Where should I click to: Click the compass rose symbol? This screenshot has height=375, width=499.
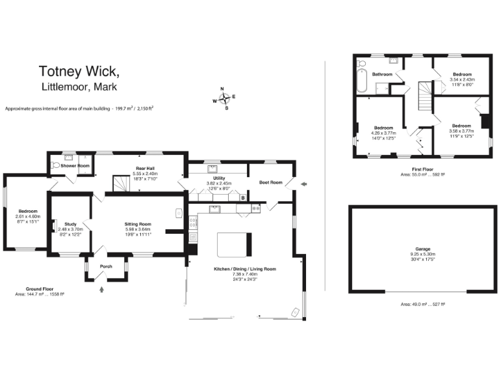[224, 99]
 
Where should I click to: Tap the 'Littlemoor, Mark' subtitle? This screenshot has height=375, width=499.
[80, 87]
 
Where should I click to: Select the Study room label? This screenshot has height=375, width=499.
[70, 224]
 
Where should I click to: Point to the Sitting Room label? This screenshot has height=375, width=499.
[138, 224]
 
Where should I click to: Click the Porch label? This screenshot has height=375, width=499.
[105, 266]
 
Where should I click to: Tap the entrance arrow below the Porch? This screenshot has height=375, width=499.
[101, 292]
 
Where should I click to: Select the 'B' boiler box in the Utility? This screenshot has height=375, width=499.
[242, 197]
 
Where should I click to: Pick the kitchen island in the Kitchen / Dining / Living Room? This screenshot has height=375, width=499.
[232, 245]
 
